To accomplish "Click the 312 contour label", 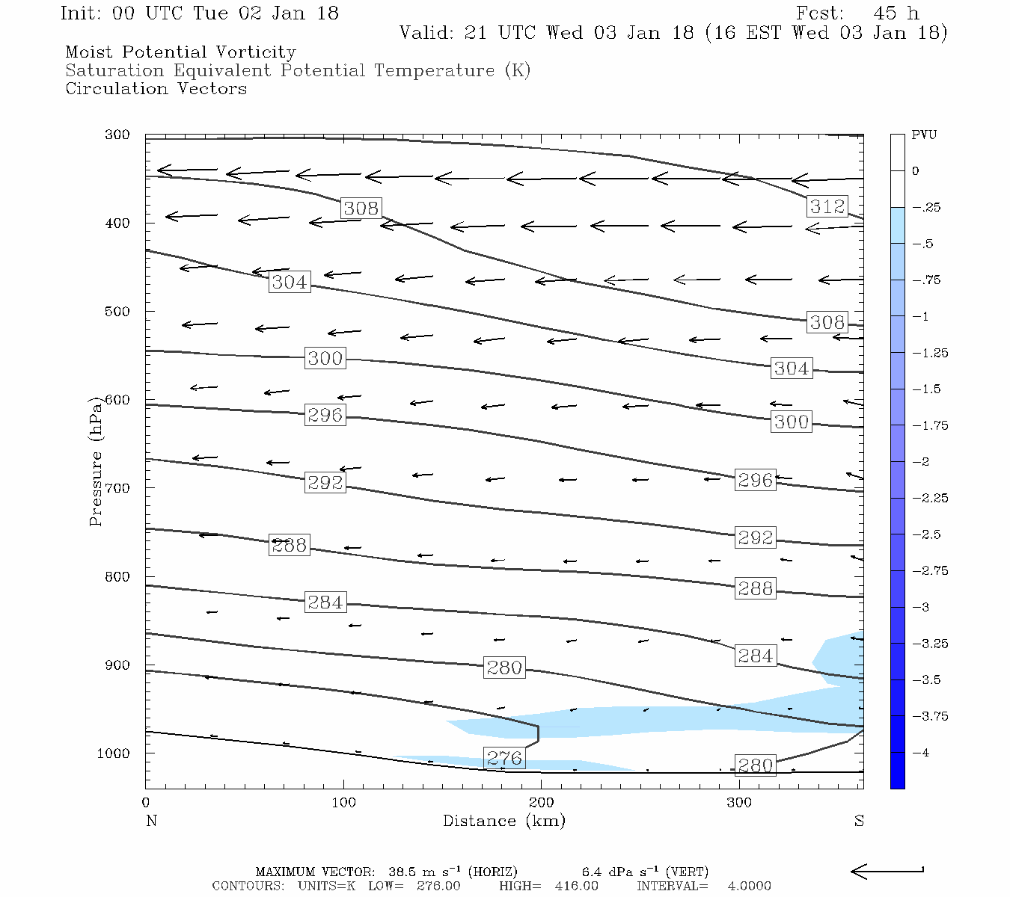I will pyautogui.click(x=827, y=206).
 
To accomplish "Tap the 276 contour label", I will pyautogui.click(x=504, y=758).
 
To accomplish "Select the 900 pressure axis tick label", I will pyautogui.click(x=117, y=665).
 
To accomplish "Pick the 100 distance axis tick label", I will pyautogui.click(x=343, y=803).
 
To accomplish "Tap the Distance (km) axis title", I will pyautogui.click(x=504, y=821).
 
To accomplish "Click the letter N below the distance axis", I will pyautogui.click(x=151, y=821).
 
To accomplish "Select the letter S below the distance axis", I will pyautogui.click(x=859, y=821).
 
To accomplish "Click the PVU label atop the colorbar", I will pyautogui.click(x=924, y=135).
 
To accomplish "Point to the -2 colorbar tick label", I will pyautogui.click(x=921, y=462).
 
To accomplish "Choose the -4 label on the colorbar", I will pyautogui.click(x=921, y=753).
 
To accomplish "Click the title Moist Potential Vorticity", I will pyautogui.click(x=180, y=52).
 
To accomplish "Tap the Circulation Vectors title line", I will pyautogui.click(x=156, y=89).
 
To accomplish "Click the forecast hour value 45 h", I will pyautogui.click(x=896, y=13).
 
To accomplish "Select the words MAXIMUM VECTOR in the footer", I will pyautogui.click(x=314, y=872).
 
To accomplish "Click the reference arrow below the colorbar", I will pyautogui.click(x=887, y=871).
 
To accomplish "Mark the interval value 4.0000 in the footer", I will pyautogui.click(x=749, y=886).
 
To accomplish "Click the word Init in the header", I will pyautogui.click(x=79, y=13).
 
